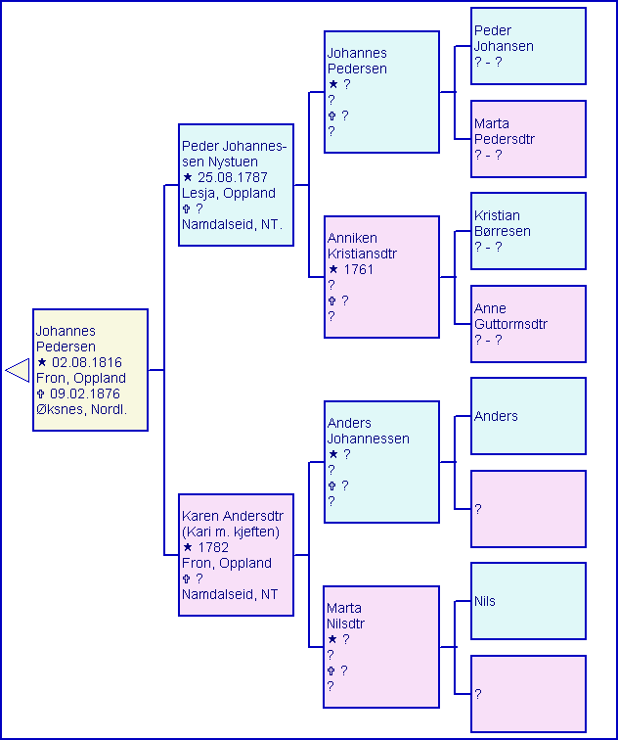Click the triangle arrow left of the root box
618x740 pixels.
click(x=17, y=370)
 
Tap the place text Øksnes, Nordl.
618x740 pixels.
click(x=81, y=409)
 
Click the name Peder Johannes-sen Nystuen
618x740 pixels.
click(x=234, y=154)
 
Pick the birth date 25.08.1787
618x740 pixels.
click(x=232, y=177)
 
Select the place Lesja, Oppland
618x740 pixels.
click(x=229, y=193)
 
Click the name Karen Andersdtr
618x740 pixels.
click(x=232, y=516)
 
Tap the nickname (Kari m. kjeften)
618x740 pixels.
click(x=231, y=532)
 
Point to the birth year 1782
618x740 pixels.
click(x=212, y=547)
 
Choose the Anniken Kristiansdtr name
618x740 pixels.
click(x=362, y=246)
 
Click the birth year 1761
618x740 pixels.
click(x=357, y=269)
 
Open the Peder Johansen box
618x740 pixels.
click(x=528, y=46)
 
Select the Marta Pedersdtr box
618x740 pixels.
click(x=528, y=139)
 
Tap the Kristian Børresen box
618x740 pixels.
click(x=528, y=231)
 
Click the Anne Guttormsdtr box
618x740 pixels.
click(x=528, y=324)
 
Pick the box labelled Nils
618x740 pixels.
click(x=528, y=601)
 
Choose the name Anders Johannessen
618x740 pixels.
click(x=368, y=431)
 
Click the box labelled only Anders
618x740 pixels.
click(x=528, y=416)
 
